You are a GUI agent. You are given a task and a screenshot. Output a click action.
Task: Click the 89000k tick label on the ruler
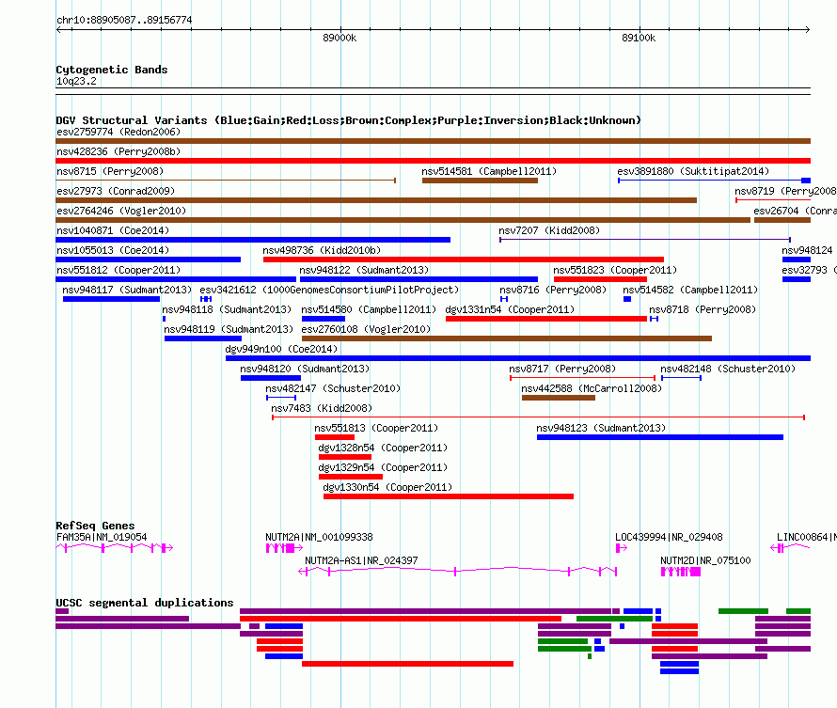pyautogui.click(x=340, y=38)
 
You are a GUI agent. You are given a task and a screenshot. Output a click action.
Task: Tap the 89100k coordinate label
pyautogui.click(x=639, y=38)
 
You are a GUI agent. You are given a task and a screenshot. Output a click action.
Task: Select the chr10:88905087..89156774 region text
pyautogui.click(x=124, y=20)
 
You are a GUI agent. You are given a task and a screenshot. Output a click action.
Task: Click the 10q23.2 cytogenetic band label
pyautogui.click(x=76, y=81)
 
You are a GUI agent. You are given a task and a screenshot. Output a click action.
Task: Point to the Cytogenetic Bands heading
pyautogui.click(x=112, y=70)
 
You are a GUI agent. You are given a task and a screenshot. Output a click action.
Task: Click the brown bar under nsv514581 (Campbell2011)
pyautogui.click(x=480, y=181)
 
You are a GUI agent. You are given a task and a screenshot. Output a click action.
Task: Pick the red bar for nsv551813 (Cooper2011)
pyautogui.click(x=335, y=437)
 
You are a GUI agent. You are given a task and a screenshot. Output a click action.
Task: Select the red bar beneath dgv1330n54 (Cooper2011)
pyautogui.click(x=449, y=496)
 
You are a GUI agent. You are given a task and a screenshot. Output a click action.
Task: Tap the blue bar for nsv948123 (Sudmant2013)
pyautogui.click(x=660, y=437)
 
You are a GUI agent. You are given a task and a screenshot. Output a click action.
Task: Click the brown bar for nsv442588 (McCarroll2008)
pyautogui.click(x=559, y=398)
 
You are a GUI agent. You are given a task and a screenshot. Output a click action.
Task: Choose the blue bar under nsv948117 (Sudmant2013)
pyautogui.click(x=112, y=299)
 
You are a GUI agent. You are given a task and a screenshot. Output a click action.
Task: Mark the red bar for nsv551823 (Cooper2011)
pyautogui.click(x=601, y=279)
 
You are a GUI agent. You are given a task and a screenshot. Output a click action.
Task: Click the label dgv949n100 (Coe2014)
pyautogui.click(x=281, y=349)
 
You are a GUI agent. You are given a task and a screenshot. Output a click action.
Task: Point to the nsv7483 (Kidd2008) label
pyautogui.click(x=322, y=408)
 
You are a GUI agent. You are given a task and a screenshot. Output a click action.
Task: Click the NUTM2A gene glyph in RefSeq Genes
pyautogui.click(x=285, y=547)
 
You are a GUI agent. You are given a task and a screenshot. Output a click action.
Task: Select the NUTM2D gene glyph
pyautogui.click(x=681, y=572)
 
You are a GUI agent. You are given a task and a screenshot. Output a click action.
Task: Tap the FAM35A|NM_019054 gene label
pyautogui.click(x=102, y=537)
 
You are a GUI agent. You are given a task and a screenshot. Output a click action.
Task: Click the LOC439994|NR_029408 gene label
pyautogui.click(x=669, y=537)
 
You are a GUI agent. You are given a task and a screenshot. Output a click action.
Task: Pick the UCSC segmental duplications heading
pyautogui.click(x=145, y=603)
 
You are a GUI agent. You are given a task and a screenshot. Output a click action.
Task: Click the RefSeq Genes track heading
pyautogui.click(x=95, y=526)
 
